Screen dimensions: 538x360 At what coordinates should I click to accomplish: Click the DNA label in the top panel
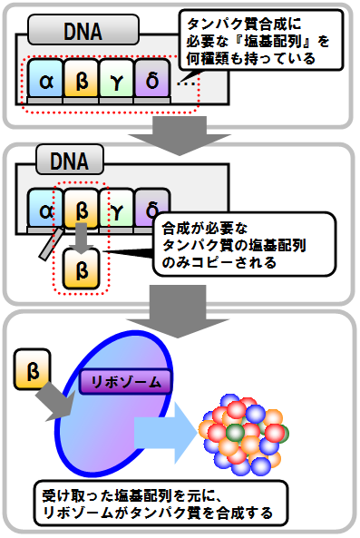click(75, 34)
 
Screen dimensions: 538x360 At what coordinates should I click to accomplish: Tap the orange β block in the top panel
click(81, 82)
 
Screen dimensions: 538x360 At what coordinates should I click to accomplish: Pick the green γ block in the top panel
click(116, 82)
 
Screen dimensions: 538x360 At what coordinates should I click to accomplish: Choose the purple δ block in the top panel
click(151, 82)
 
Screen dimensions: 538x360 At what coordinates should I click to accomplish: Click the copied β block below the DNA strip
click(81, 269)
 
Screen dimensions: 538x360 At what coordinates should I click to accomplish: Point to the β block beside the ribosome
click(34, 372)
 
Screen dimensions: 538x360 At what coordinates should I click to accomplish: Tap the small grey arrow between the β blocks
click(81, 238)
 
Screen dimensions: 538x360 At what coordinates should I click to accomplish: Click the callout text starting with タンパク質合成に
click(263, 39)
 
